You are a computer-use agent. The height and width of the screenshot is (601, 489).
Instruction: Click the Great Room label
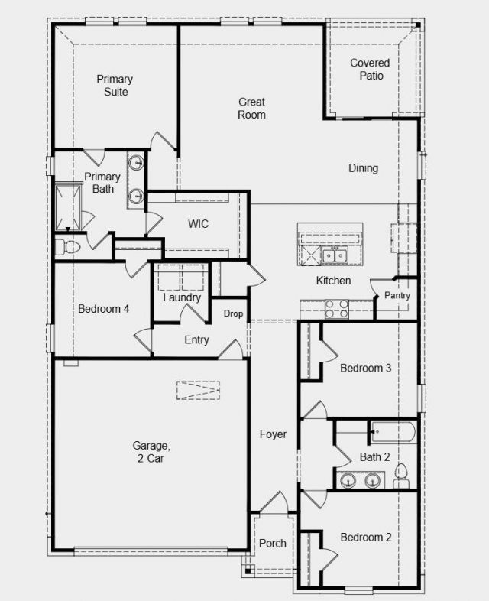tap(251, 108)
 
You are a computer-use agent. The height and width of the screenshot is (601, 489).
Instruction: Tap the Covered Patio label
tap(371, 69)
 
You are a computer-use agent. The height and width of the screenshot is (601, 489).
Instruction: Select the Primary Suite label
tap(115, 85)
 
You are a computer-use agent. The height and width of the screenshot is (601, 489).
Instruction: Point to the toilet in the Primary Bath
tap(67, 247)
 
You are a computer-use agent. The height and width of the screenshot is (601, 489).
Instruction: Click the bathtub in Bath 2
tap(393, 432)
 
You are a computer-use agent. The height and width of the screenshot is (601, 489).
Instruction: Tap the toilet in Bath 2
tap(401, 476)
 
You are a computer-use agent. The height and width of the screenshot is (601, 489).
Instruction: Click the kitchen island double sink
tap(335, 255)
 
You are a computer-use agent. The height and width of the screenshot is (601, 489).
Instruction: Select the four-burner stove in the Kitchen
tap(337, 310)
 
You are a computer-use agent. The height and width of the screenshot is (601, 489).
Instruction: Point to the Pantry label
tap(397, 295)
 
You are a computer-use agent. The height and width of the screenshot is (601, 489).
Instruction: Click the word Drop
tap(233, 313)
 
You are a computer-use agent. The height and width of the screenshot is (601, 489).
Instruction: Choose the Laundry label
tap(182, 297)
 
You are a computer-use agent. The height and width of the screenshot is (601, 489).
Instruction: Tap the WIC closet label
tap(199, 223)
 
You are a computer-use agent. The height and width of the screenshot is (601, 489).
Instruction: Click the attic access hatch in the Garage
tap(198, 390)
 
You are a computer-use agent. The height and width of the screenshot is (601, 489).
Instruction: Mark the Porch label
tap(273, 543)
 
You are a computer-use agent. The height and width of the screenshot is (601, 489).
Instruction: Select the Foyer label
tap(273, 434)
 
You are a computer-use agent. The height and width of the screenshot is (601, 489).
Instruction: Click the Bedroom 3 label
tap(366, 368)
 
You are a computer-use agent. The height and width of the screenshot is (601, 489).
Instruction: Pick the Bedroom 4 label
tap(103, 309)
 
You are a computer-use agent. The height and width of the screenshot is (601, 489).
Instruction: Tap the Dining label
tap(364, 168)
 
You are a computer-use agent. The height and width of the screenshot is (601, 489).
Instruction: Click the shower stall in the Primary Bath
tap(69, 207)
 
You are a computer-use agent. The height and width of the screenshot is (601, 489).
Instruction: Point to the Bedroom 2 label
tap(366, 538)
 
